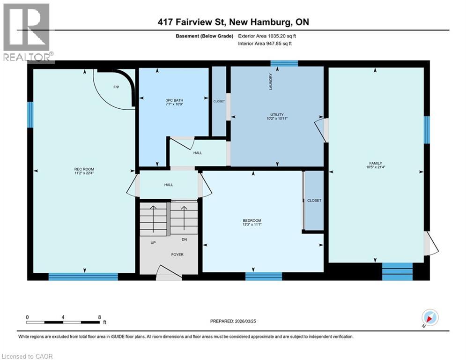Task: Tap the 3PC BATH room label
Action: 174,100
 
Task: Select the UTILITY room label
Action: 277,114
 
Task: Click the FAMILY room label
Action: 376,163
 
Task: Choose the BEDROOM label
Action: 251,220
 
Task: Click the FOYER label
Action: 177,255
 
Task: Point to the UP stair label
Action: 153,243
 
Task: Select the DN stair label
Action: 185,240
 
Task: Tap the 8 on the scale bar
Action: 99,317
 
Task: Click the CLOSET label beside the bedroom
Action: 314,200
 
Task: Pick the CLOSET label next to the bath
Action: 219,101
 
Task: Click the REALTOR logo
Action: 27,32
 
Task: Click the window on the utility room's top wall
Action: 284,63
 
